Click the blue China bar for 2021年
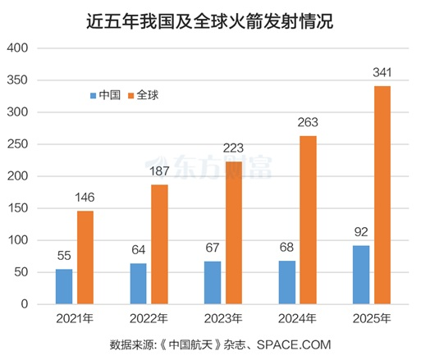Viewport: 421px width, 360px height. point(64,286)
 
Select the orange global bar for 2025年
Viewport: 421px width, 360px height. point(382,195)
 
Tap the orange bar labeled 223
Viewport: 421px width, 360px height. point(234,233)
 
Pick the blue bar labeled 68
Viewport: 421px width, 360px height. point(286,282)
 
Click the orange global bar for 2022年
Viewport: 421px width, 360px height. point(159,244)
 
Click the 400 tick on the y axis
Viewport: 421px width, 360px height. point(19,48)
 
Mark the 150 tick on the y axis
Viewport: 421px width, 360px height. point(19,208)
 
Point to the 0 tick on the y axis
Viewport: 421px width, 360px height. point(25,304)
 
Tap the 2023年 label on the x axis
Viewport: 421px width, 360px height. point(222,318)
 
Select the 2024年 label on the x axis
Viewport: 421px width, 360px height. point(297,318)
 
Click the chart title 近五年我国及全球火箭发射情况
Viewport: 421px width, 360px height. point(210,19)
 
